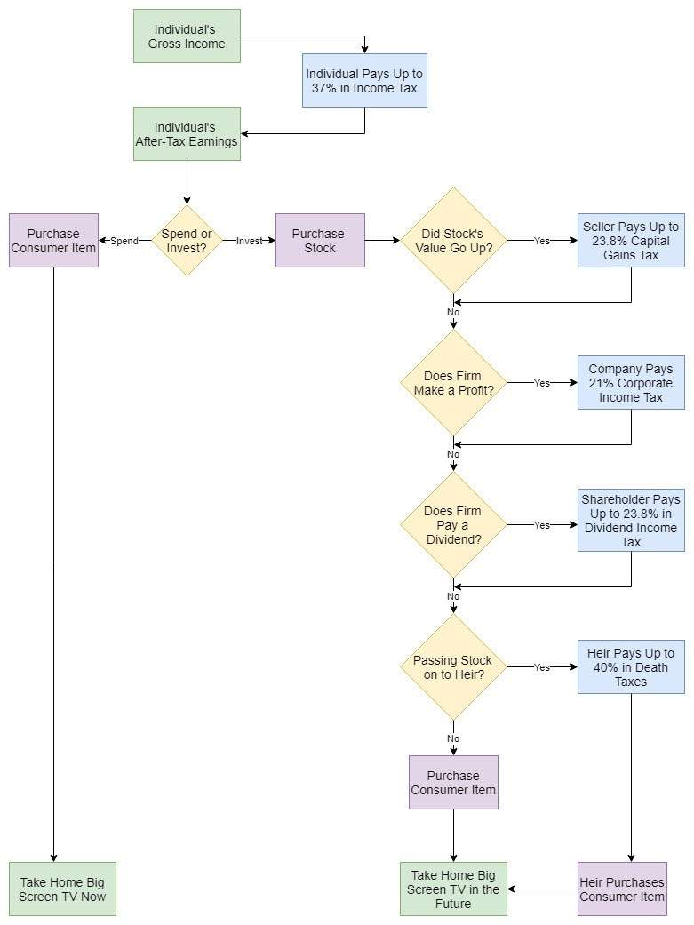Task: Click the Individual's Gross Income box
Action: (x=187, y=36)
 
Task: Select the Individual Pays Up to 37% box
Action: (x=364, y=81)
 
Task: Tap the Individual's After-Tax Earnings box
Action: (x=187, y=134)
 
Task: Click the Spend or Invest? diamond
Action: (x=187, y=241)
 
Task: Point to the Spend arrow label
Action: (x=124, y=241)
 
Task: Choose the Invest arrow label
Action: (x=250, y=241)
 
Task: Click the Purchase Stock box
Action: (x=320, y=241)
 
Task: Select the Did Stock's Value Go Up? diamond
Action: (x=453, y=241)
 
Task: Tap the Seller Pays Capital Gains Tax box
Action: (x=631, y=241)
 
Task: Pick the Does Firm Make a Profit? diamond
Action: (x=453, y=383)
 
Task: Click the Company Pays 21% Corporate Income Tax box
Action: (x=631, y=383)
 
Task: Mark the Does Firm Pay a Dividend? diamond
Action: (x=453, y=525)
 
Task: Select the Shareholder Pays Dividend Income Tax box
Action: (x=631, y=521)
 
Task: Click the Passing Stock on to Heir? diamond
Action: (x=453, y=667)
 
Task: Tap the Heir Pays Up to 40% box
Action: (x=631, y=667)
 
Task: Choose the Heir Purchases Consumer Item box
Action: (x=622, y=889)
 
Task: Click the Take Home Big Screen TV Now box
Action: (x=62, y=889)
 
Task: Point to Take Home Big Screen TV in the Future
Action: (x=453, y=889)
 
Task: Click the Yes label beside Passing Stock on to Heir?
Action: (x=541, y=667)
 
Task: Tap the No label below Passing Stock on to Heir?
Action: (x=453, y=738)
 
